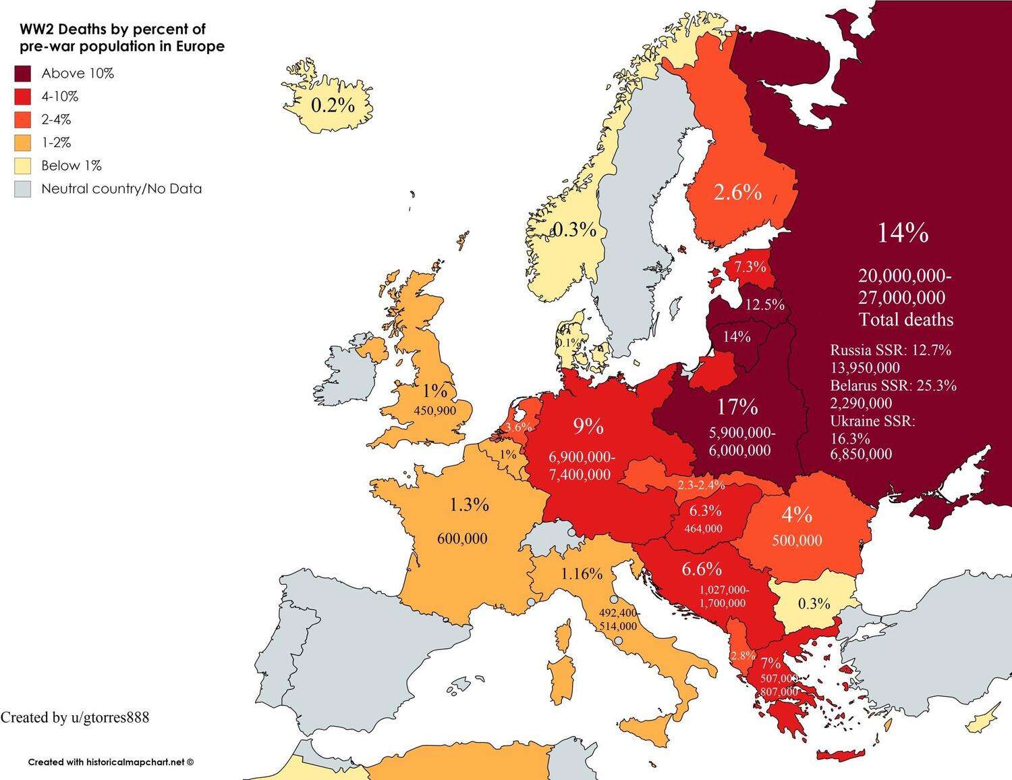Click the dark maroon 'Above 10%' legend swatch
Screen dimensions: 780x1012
23,74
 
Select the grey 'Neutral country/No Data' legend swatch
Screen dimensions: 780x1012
23,188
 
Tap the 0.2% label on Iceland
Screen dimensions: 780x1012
332,105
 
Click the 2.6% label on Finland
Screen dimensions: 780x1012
737,192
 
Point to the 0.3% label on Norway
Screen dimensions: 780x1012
575,230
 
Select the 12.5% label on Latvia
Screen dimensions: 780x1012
764,305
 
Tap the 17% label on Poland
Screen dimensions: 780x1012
737,407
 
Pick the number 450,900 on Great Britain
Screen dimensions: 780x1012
433,411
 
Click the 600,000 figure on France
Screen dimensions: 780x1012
462,538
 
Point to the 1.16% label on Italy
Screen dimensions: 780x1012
581,574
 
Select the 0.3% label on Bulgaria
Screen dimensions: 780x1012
814,603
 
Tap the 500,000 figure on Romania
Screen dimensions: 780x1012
796,540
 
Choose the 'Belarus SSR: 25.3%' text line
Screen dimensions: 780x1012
893,386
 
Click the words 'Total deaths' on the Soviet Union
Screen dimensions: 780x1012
906,319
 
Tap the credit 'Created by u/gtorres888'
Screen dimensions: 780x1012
75,717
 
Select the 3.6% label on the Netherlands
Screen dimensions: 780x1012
518,427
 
